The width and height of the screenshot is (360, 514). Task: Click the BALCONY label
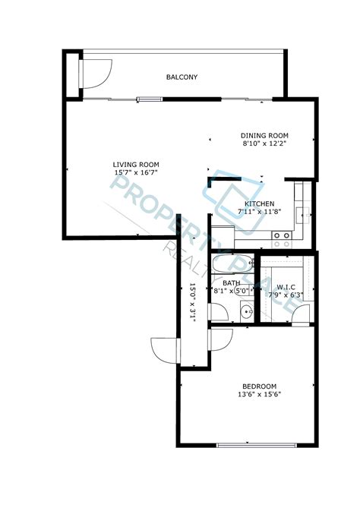182,77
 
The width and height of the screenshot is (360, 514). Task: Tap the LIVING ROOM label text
136,165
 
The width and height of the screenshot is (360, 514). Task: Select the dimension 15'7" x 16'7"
136,173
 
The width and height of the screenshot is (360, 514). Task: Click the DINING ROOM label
265,135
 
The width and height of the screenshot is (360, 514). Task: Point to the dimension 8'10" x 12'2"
265,143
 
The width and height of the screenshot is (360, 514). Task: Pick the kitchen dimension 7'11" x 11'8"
258,212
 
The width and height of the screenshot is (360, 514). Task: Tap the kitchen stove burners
282,240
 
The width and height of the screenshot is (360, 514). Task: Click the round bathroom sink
246,311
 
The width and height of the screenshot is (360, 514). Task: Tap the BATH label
232,283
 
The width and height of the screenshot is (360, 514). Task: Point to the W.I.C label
285,285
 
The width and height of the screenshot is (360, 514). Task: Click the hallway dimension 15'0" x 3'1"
193,303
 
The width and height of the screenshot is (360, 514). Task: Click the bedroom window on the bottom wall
245,444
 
